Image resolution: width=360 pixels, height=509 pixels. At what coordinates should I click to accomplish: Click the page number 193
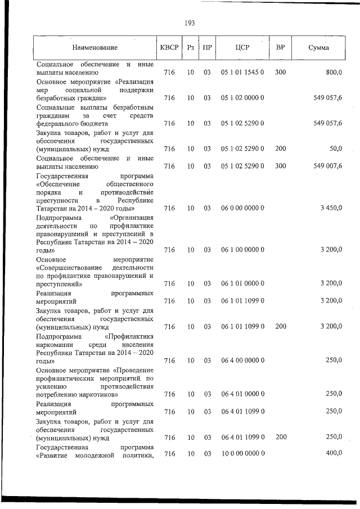click(189, 23)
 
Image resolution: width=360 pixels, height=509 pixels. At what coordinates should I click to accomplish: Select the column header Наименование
click(94, 49)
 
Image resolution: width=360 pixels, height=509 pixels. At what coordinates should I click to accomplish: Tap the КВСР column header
click(169, 49)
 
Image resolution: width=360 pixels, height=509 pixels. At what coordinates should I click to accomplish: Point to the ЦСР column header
click(242, 49)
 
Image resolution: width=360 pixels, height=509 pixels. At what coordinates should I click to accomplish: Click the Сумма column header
click(319, 49)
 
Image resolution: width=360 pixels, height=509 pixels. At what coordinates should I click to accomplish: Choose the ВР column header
click(280, 49)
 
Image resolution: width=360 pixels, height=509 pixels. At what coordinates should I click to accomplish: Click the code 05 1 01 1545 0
click(242, 73)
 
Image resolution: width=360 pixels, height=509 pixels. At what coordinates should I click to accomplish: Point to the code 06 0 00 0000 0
click(242, 208)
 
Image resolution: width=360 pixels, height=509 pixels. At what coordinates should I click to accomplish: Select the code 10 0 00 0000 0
click(242, 453)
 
